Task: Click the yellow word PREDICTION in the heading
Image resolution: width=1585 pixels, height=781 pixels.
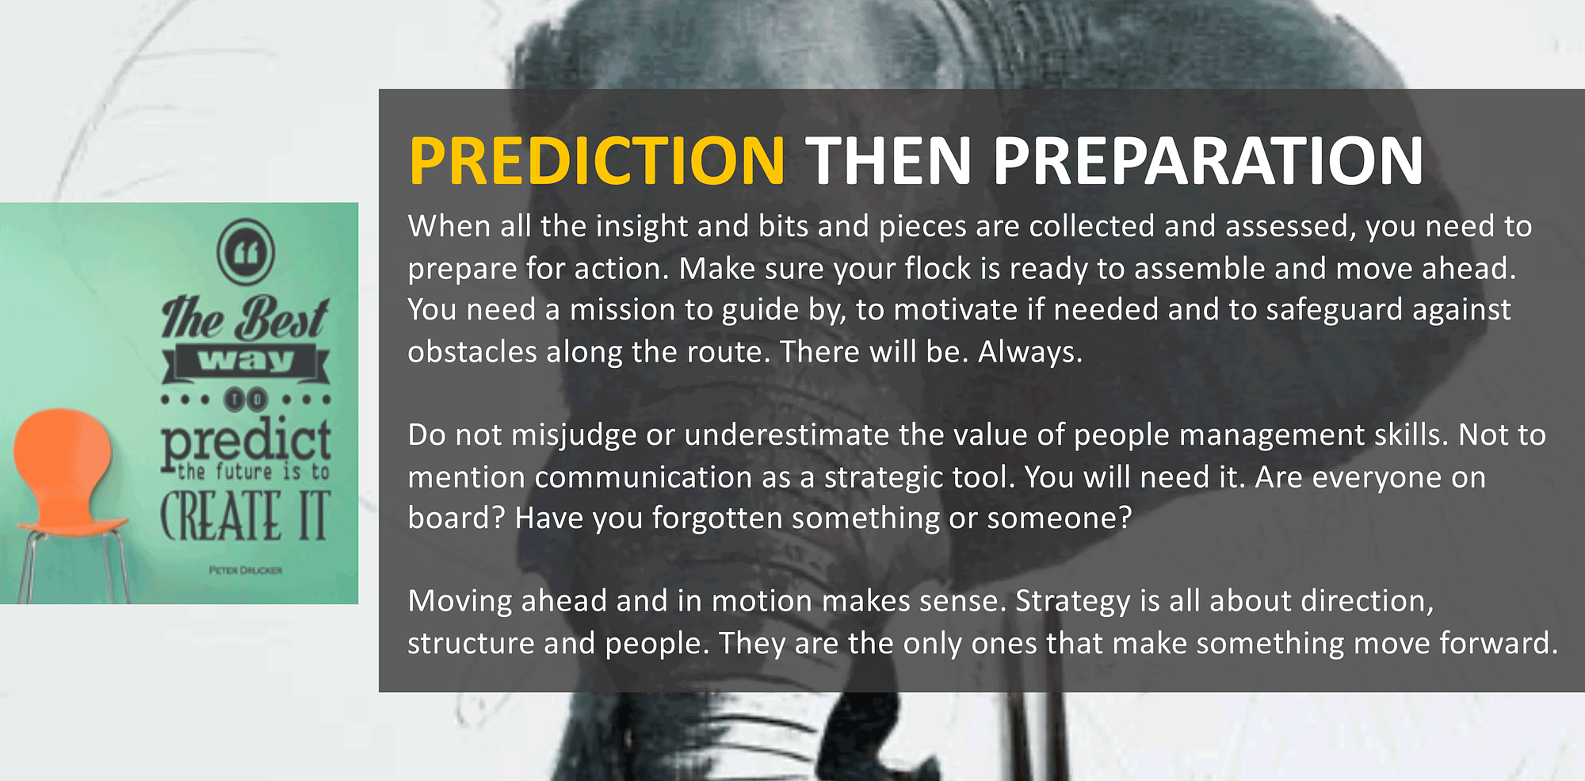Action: click(x=597, y=161)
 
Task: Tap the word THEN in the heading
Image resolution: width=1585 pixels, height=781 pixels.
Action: click(x=889, y=161)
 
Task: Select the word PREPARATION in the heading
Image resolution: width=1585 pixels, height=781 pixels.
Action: click(x=1209, y=161)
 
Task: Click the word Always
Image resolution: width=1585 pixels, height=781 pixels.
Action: click(x=1030, y=352)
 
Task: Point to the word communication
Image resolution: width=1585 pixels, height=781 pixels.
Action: click(x=643, y=477)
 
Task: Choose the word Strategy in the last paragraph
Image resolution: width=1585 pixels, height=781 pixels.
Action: click(x=1073, y=602)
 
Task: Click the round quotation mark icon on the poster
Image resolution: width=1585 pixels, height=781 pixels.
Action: click(x=246, y=252)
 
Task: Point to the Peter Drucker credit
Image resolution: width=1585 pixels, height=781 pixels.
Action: click(x=246, y=570)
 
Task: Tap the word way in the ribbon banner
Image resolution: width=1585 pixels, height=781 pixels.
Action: click(x=246, y=362)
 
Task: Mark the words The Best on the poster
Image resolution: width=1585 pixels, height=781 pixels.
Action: click(x=245, y=317)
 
